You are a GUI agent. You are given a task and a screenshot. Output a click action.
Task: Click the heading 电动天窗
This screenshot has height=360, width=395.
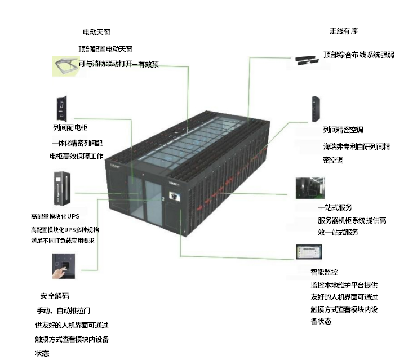click(x=96, y=32)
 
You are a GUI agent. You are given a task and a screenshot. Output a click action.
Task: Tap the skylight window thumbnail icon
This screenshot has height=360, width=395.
click(x=66, y=66)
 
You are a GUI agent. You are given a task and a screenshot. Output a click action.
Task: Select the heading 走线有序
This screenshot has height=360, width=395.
click(x=344, y=31)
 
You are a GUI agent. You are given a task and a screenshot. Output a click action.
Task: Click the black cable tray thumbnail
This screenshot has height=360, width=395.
click(x=305, y=60)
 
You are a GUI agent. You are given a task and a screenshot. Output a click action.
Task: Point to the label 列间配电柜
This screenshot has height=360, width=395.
click(x=70, y=127)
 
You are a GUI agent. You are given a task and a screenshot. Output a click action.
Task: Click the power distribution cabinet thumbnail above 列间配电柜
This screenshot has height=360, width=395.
click(x=62, y=109)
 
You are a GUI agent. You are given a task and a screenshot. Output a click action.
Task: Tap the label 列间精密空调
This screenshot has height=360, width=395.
click(x=343, y=130)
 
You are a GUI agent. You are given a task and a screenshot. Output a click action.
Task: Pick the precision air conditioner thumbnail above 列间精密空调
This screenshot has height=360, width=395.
click(x=316, y=109)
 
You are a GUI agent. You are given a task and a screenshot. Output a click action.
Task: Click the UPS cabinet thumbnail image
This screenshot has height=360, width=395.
click(x=62, y=188)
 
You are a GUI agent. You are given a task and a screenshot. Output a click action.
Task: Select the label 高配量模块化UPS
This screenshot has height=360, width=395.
click(x=55, y=216)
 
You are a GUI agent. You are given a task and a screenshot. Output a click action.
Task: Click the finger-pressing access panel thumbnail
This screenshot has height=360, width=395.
click(x=64, y=266)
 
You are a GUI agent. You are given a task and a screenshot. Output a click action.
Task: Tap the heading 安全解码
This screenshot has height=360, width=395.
click(x=55, y=296)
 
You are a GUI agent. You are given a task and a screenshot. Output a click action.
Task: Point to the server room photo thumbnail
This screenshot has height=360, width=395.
click(x=310, y=188)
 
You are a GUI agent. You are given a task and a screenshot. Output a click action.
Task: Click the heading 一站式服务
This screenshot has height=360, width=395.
click(x=335, y=207)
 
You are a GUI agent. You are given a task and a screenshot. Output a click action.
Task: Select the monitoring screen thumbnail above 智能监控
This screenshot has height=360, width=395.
click(x=309, y=252)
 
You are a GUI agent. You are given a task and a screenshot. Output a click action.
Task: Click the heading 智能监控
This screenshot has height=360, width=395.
click(x=324, y=272)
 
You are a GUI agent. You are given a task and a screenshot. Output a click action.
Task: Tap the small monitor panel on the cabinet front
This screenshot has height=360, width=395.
click(x=175, y=196)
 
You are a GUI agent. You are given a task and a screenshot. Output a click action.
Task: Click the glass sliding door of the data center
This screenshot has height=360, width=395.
click(x=145, y=198)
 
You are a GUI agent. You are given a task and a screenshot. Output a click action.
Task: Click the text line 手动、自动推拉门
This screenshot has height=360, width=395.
click(x=64, y=310)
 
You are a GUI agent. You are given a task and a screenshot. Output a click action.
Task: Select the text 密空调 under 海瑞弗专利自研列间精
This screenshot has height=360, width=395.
click(x=333, y=160)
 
